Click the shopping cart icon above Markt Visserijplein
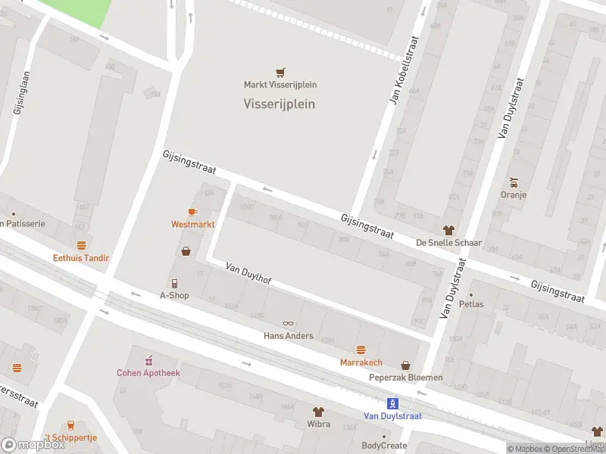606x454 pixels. (280, 72)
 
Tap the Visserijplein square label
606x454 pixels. (279, 104)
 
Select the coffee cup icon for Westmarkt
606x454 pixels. (192, 212)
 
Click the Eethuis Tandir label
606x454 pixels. (81, 258)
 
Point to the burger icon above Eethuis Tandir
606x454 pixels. (81, 245)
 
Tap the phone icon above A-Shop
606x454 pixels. (174, 283)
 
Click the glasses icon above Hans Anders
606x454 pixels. (288, 324)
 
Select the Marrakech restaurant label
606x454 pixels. (361, 362)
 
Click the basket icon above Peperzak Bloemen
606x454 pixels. (405, 365)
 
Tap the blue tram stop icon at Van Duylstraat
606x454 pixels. (392, 403)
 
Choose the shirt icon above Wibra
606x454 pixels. (318, 412)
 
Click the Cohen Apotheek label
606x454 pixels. (148, 372)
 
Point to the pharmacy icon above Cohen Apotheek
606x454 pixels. (148, 359)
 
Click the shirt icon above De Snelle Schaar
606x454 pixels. (448, 230)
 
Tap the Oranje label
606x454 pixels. (514, 194)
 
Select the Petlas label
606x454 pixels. (470, 304)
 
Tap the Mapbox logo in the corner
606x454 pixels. (33, 445)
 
